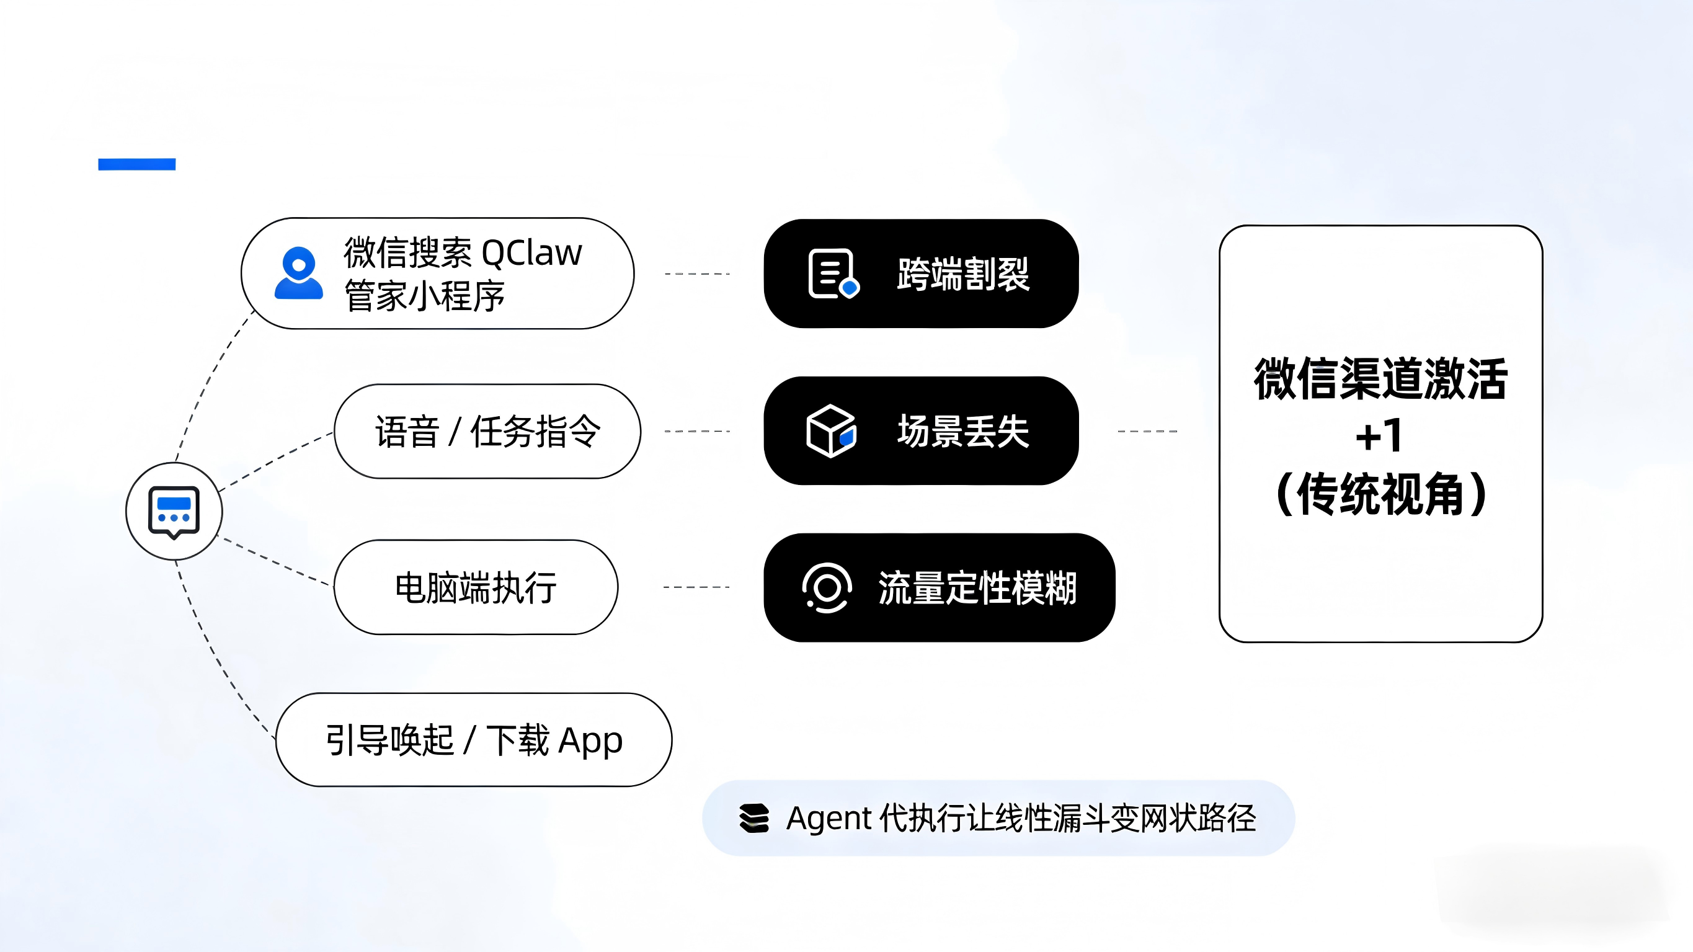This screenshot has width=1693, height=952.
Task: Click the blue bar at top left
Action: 136,164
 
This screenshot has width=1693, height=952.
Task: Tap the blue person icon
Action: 299,274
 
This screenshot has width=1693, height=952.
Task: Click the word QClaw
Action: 531,253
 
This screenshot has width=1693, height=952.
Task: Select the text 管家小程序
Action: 425,296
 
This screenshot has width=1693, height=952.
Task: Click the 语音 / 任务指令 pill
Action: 487,432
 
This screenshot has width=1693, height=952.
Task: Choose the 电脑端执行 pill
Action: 476,587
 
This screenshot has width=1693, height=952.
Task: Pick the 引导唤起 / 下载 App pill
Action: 473,741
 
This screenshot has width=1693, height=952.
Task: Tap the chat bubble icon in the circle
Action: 174,512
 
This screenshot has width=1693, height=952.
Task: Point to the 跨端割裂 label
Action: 963,274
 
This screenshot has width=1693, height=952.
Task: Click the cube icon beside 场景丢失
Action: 831,431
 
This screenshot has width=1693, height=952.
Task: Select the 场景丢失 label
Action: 963,432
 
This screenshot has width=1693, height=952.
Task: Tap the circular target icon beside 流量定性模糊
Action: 827,587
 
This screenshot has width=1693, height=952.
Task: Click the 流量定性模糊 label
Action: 977,588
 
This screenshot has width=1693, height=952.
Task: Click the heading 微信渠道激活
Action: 1380,379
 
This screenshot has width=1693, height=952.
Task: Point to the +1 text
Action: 1379,436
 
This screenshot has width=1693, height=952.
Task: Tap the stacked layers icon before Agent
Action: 754,819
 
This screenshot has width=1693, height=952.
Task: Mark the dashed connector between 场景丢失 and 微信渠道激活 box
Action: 1147,431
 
